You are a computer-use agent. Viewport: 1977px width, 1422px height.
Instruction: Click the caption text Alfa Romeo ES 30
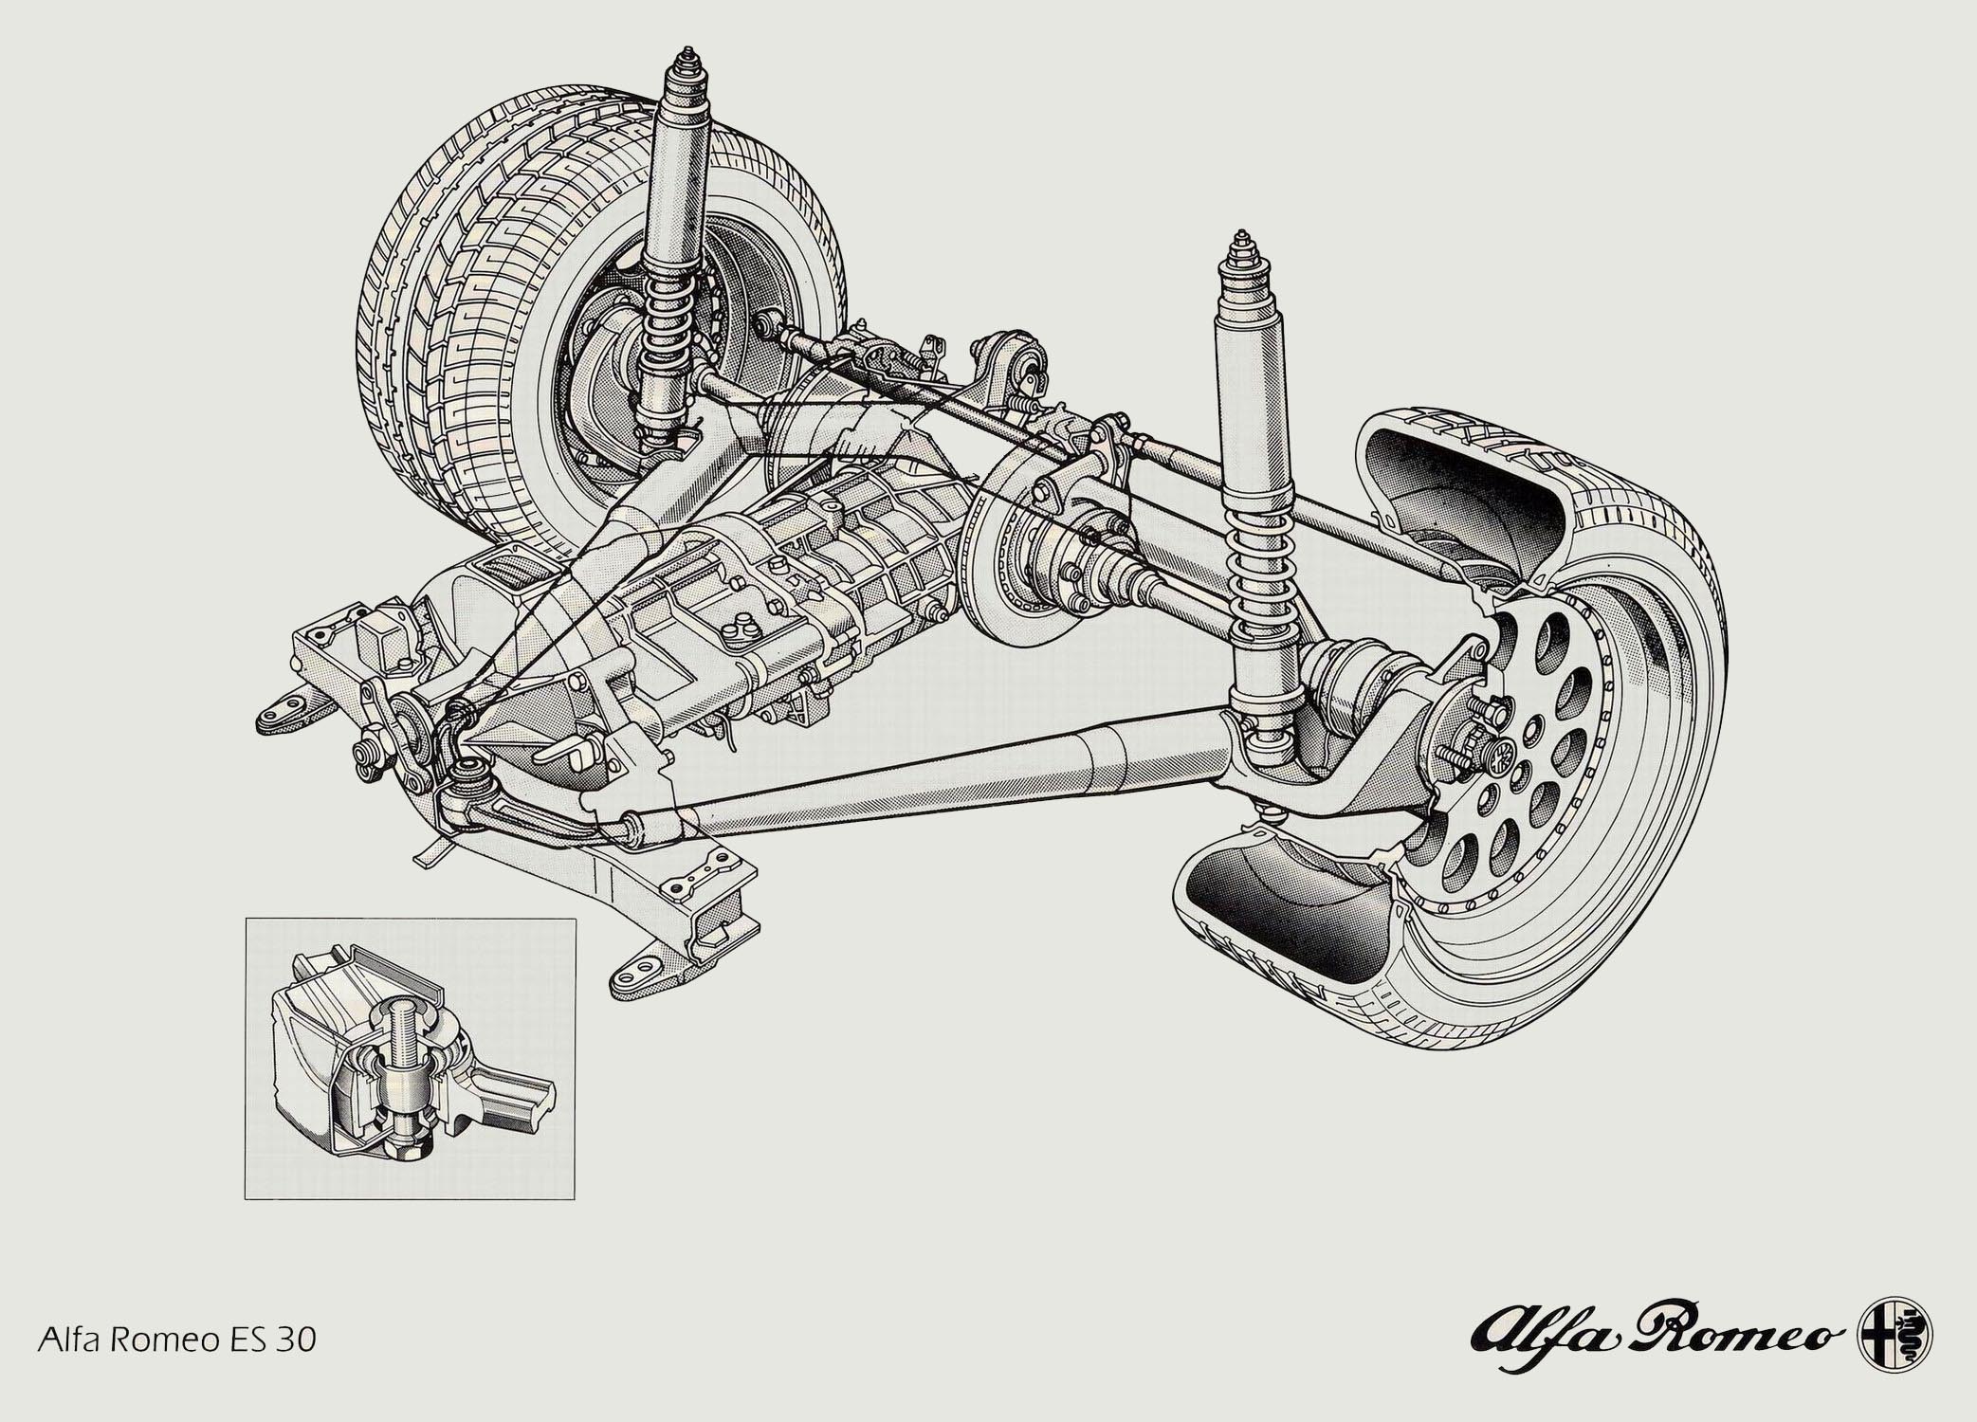(176, 1340)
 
